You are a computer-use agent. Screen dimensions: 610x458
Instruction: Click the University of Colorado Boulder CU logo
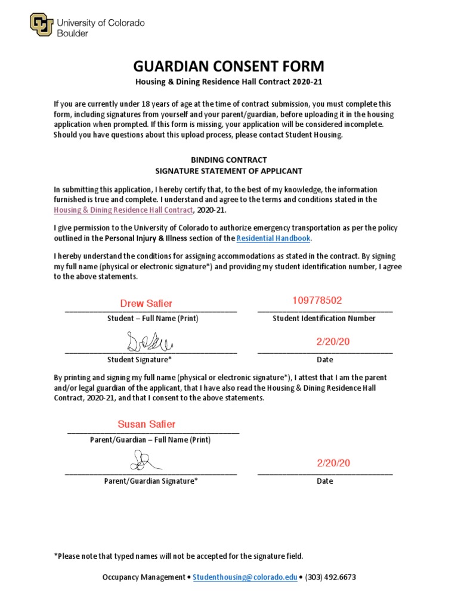41,24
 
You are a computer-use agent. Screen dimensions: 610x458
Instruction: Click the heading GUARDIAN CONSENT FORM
228,66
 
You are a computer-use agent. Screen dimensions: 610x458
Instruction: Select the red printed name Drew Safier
146,304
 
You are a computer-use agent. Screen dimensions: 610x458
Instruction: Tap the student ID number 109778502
317,300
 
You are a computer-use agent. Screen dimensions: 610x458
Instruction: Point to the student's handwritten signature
148,341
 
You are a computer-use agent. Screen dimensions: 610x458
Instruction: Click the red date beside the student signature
333,341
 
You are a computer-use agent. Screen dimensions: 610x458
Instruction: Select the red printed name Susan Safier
147,424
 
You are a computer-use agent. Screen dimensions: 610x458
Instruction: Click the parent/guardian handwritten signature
143,460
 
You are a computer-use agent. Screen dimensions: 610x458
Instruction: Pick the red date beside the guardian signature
333,463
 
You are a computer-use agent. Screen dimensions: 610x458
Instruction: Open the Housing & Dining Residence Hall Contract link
123,210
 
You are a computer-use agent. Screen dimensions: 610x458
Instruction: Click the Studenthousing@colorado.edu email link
245,577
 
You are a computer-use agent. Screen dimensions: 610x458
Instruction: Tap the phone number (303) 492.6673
330,577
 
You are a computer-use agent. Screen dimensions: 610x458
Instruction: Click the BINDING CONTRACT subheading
228,160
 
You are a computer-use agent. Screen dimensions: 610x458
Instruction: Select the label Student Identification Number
324,318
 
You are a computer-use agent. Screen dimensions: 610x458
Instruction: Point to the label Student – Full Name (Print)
153,318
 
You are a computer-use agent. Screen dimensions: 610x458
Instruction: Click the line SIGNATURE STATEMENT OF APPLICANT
228,171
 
